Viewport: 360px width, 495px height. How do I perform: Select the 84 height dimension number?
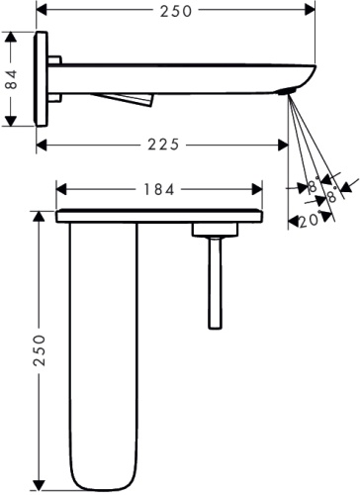pyautogui.click(x=12, y=79)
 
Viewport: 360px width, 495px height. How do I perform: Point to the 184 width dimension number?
pyautogui.click(x=158, y=188)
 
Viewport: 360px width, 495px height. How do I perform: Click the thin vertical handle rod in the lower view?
pyautogui.click(x=212, y=282)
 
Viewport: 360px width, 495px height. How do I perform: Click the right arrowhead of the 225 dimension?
pyautogui.click(x=285, y=144)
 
